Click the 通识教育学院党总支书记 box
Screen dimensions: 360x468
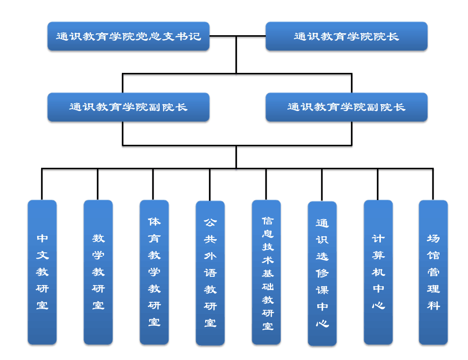pos(128,36)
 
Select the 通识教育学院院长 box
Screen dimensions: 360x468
pos(346,36)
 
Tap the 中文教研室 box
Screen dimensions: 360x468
pos(42,272)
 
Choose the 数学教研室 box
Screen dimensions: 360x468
pos(98,272)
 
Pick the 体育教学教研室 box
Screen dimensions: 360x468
pos(154,272)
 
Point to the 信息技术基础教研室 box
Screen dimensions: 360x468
pos(266,272)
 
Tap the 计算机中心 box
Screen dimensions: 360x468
pos(378,272)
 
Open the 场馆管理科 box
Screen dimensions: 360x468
pos(433,272)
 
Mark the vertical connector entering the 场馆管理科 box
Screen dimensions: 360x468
pos(433,184)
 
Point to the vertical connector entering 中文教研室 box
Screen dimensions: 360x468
pos(42,184)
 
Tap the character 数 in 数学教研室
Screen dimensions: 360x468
pos(98,239)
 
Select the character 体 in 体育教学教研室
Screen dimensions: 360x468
pos(154,222)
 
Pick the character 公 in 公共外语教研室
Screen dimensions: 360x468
pos(210,223)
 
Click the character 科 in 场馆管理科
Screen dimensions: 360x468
pos(433,306)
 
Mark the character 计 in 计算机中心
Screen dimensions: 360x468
pos(378,239)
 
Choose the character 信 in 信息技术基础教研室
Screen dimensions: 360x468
pos(267,221)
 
